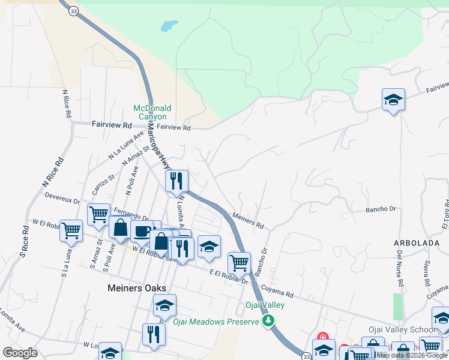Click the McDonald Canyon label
click(152, 112)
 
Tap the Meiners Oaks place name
click(136, 288)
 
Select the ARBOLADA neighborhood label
click(414, 242)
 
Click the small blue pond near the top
click(169, 26)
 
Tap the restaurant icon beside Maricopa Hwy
click(176, 180)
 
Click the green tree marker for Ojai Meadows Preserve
click(270, 321)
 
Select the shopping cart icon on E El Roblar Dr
click(239, 262)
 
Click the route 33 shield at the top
click(73, 11)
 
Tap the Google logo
click(20, 352)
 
